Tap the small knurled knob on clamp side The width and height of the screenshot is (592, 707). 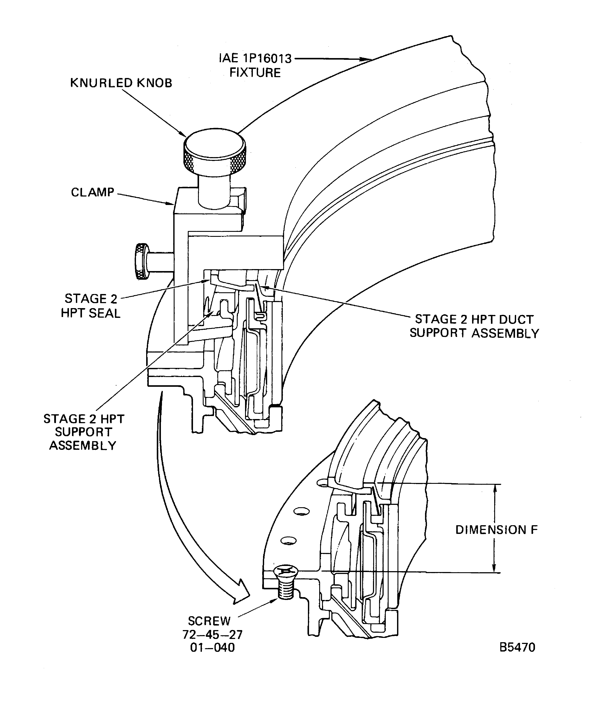pyautogui.click(x=142, y=261)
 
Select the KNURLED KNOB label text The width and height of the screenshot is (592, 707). pyautogui.click(x=121, y=83)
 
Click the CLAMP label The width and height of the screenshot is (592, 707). pyautogui.click(x=93, y=192)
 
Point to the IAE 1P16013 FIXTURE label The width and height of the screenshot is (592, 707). pyautogui.click(x=255, y=66)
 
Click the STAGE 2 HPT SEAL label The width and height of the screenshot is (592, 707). pyautogui.click(x=91, y=306)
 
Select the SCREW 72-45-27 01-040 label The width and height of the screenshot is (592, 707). pyautogui.click(x=212, y=634)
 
